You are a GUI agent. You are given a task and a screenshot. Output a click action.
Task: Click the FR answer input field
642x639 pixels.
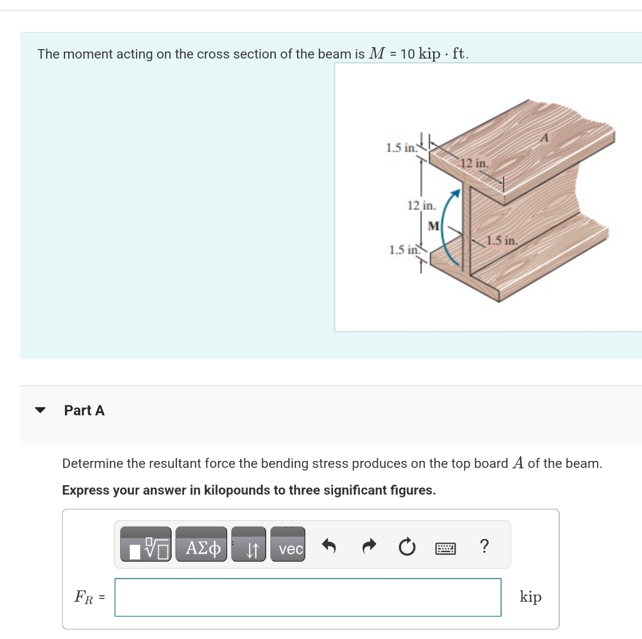pyautogui.click(x=308, y=597)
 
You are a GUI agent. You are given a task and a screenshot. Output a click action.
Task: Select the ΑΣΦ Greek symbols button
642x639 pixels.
pyautogui.click(x=201, y=549)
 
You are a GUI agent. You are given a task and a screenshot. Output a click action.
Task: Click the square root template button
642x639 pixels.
pyautogui.click(x=146, y=549)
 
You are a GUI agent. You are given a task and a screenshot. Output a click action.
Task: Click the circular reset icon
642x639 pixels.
pyautogui.click(x=406, y=548)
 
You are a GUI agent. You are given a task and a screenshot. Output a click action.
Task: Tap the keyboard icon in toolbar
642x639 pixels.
pyautogui.click(x=445, y=549)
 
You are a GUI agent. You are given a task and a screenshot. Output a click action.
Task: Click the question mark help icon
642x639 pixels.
pyautogui.click(x=484, y=546)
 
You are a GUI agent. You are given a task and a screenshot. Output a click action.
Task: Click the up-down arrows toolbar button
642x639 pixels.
pyautogui.click(x=250, y=549)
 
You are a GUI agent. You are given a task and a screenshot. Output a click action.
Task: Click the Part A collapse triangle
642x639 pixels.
pyautogui.click(x=40, y=410)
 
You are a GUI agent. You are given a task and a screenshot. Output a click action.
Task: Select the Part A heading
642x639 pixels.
pyautogui.click(x=84, y=410)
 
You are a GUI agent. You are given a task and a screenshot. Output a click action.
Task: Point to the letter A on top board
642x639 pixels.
pyautogui.click(x=546, y=137)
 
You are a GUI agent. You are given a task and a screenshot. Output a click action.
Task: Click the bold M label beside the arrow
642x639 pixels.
pyautogui.click(x=433, y=225)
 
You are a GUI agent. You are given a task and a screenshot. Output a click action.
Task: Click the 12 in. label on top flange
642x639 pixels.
pyautogui.click(x=475, y=163)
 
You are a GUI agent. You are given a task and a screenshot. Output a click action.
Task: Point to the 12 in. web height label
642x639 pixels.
pyautogui.click(x=421, y=206)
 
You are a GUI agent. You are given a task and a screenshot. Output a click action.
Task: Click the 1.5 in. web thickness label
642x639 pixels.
pyautogui.click(x=502, y=241)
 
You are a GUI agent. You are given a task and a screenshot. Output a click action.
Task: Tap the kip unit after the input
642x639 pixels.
pyautogui.click(x=530, y=597)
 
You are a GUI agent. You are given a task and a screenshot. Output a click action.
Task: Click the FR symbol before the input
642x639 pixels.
pyautogui.click(x=85, y=597)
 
